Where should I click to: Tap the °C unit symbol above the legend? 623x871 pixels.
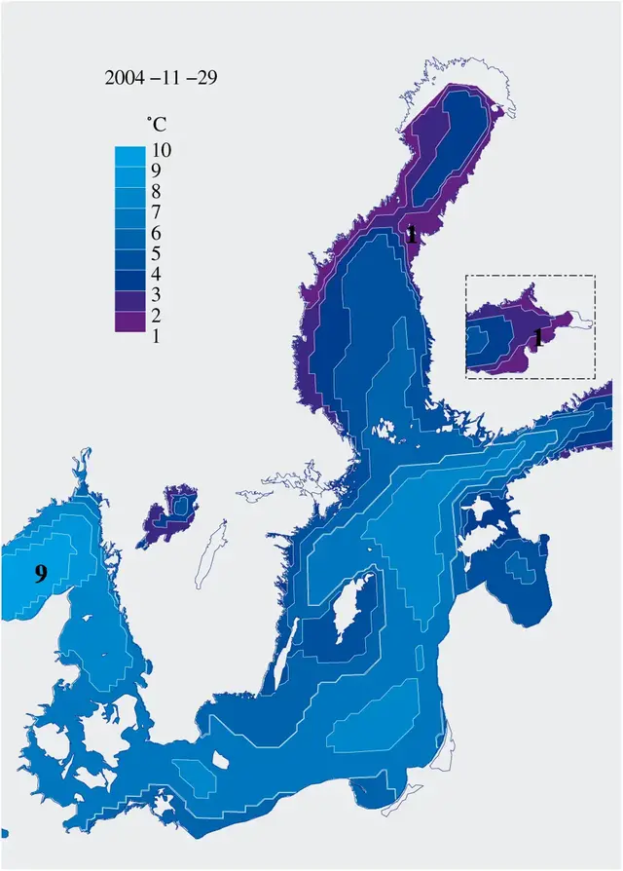coord(156,124)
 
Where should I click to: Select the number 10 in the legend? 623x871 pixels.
coord(163,150)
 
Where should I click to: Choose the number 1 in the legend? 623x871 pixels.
coord(157,336)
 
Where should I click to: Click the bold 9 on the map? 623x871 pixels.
coord(40,574)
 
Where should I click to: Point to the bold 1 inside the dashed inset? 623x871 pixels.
coord(537,338)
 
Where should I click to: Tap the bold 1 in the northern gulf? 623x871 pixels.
coord(412,234)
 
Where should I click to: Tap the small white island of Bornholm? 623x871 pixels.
coord(220,758)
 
